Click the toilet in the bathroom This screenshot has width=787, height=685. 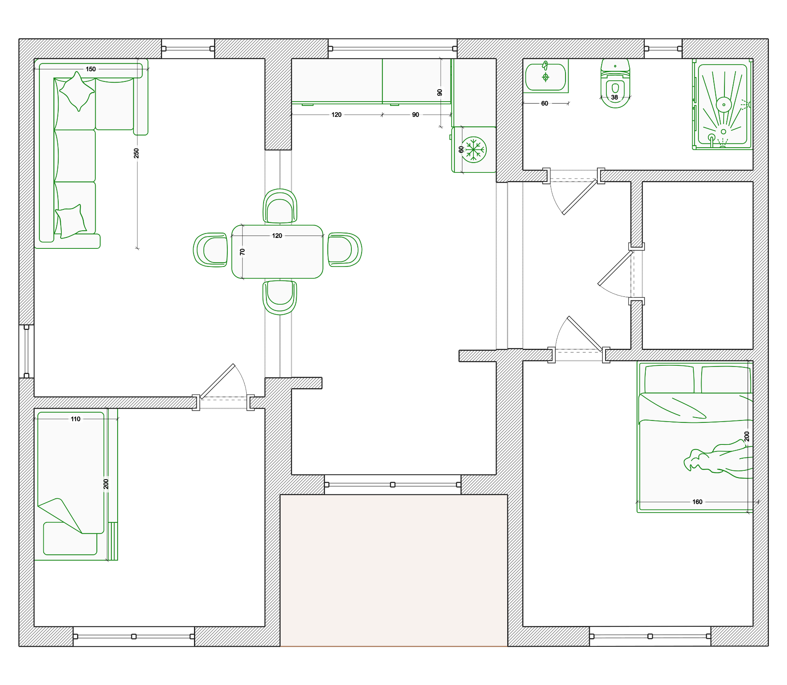pyautogui.click(x=615, y=83)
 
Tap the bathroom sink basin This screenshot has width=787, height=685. pyautogui.click(x=546, y=77)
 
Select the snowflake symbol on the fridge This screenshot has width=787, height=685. pyautogui.click(x=474, y=150)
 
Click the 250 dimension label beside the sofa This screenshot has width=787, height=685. pyautogui.click(x=136, y=153)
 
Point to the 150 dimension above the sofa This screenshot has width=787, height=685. pyautogui.click(x=91, y=69)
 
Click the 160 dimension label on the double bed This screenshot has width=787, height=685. pyautogui.click(x=697, y=502)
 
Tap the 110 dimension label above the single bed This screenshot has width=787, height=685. pyautogui.click(x=76, y=419)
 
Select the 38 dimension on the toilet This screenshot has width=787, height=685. pyautogui.click(x=615, y=97)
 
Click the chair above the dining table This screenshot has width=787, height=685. pyautogui.click(x=280, y=206)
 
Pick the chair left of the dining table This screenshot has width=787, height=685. pyautogui.click(x=211, y=250)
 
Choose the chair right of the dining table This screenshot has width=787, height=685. pyautogui.click(x=345, y=250)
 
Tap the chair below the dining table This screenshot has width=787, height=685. pyautogui.click(x=280, y=297)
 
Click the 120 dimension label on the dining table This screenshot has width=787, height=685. pyautogui.click(x=277, y=236)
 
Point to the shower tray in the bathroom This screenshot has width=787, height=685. pyautogui.click(x=722, y=104)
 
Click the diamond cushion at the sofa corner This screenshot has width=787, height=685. pyautogui.click(x=77, y=91)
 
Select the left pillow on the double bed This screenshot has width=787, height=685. pyautogui.click(x=669, y=379)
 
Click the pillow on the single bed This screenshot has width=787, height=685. pyautogui.click(x=70, y=539)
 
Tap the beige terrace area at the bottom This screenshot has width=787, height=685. pyautogui.click(x=393, y=570)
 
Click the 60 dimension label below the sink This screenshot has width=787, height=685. pyautogui.click(x=545, y=104)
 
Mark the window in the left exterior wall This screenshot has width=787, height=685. pyautogui.click(x=26, y=352)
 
